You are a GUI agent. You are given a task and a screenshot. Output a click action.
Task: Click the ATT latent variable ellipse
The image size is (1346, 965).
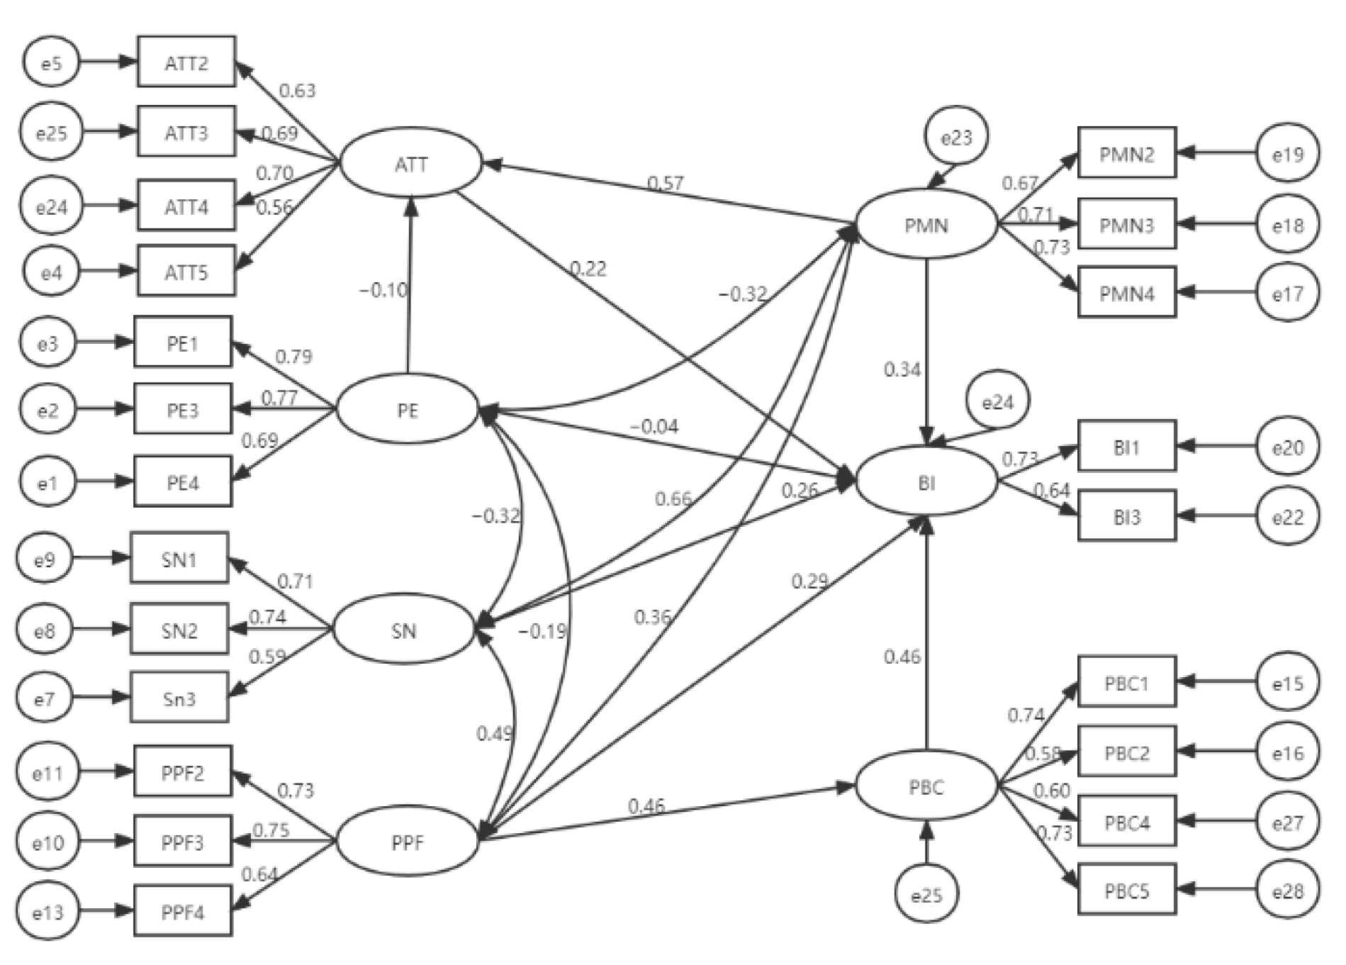pos(411,164)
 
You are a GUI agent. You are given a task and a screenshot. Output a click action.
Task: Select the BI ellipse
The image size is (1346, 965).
pos(926,483)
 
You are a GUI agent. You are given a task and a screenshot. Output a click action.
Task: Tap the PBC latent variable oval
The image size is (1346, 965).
pos(926,787)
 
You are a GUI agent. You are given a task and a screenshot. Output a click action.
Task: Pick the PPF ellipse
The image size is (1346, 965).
pos(407,842)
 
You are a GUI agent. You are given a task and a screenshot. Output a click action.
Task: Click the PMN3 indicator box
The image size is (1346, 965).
pos(1126,225)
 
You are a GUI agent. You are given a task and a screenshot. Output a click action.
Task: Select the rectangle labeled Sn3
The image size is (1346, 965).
pos(179,698)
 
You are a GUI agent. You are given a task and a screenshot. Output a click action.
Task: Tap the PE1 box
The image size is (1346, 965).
pos(183,343)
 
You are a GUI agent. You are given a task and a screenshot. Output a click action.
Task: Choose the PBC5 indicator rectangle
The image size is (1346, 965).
pos(1126,890)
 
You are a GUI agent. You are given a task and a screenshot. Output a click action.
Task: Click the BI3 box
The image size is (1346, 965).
pos(1126,516)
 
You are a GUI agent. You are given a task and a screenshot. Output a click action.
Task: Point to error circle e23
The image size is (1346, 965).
pos(955,137)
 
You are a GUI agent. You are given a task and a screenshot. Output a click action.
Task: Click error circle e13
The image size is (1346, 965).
pos(47,912)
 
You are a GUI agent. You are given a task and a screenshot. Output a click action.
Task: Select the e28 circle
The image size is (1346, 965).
pos(1287,891)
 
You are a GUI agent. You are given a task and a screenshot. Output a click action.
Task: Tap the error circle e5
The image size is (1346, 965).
pos(51,63)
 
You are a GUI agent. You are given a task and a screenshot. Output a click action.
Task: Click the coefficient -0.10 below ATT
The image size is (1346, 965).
pos(383,290)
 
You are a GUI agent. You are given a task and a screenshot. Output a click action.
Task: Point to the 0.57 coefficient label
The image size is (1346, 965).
pos(665,184)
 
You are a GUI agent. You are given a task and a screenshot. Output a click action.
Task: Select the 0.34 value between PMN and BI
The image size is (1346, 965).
pos(902,369)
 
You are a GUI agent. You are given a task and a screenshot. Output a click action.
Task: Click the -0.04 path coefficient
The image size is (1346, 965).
pos(654,426)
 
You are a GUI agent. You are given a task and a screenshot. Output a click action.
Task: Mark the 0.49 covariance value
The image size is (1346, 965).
pos(494,733)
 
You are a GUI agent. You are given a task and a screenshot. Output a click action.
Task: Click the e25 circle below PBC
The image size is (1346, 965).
pos(926,896)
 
